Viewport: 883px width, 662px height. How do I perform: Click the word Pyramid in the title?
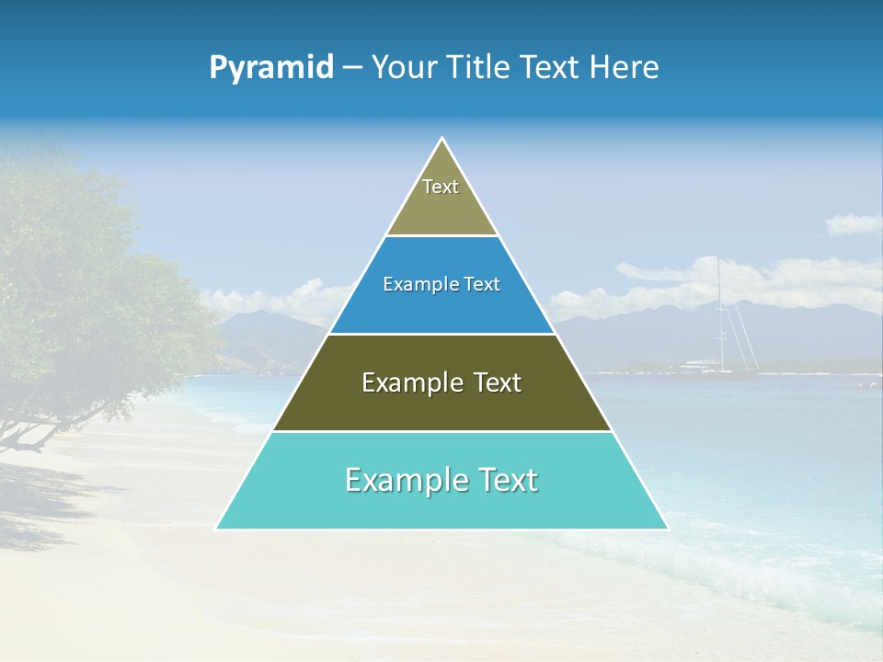271,68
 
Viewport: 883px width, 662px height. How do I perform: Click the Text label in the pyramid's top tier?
441,187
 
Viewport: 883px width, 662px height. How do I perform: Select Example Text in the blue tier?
441,284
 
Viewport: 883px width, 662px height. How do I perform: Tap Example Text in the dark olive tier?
441,382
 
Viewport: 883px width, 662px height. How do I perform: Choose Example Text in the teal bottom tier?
441,480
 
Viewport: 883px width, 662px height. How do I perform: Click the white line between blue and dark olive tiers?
441,334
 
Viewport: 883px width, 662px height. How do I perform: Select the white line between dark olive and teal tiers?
441,431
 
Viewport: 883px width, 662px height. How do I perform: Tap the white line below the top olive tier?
441,235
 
